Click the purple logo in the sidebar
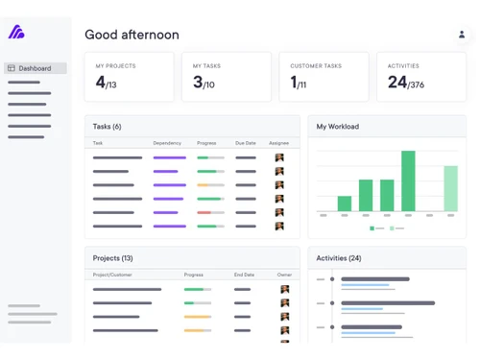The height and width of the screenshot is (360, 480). pos(16,33)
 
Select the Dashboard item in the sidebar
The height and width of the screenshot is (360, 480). pos(35,68)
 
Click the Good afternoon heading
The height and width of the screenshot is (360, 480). pos(132,35)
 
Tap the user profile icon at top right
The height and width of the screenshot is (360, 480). pos(461,35)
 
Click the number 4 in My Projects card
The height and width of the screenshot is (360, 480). pos(100,83)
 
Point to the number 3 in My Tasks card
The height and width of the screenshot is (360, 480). pos(198,83)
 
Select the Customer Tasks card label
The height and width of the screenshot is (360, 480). pos(316,66)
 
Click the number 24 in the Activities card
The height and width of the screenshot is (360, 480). pos(396,83)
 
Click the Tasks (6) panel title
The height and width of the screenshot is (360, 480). pos(107,127)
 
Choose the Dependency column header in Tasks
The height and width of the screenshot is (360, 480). pos(167,143)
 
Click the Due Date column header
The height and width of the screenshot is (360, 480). pos(246,143)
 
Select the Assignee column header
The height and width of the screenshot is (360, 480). pos(278,143)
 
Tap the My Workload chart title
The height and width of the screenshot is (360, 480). pos(339,127)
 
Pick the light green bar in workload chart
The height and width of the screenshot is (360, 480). pos(450,188)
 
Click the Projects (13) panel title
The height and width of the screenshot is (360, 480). pos(112,258)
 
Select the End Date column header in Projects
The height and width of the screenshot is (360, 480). pos(245,275)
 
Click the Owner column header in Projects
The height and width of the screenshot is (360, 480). pos(284,275)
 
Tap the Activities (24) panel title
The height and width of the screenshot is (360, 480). pos(339,258)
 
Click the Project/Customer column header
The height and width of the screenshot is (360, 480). pos(112,275)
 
